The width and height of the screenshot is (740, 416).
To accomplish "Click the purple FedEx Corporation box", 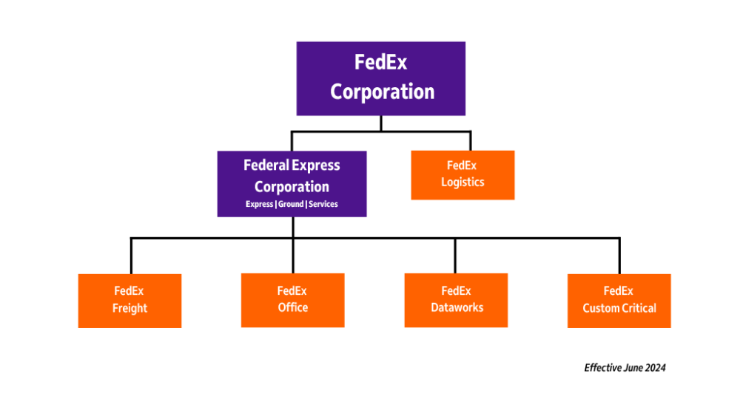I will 381,78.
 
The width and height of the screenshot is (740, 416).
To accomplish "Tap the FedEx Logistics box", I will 462,174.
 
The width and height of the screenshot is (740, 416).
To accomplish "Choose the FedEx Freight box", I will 129,300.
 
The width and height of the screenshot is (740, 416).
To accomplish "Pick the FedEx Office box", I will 292,300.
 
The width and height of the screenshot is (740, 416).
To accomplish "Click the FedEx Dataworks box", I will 456,300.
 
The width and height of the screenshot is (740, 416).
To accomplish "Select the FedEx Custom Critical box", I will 619,300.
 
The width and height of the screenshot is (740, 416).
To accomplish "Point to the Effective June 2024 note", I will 625,367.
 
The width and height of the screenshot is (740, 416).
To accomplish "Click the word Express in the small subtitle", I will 259,204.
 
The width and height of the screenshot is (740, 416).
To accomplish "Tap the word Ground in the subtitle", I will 291,204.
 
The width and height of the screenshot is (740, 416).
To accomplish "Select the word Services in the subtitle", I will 323,204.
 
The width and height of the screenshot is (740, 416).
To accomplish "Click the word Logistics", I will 462,183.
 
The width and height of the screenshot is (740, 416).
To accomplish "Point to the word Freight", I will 129,308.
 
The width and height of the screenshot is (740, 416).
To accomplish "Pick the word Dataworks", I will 456,308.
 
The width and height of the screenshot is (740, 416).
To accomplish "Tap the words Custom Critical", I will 619,308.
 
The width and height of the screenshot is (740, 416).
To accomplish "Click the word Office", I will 293,308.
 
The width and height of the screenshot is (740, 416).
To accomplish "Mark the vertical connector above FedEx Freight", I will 131,256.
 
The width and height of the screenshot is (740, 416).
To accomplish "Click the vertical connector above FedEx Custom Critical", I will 619,256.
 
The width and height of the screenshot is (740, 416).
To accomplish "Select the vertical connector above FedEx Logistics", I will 470,140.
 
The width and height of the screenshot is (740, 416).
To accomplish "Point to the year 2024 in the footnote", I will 655,367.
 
